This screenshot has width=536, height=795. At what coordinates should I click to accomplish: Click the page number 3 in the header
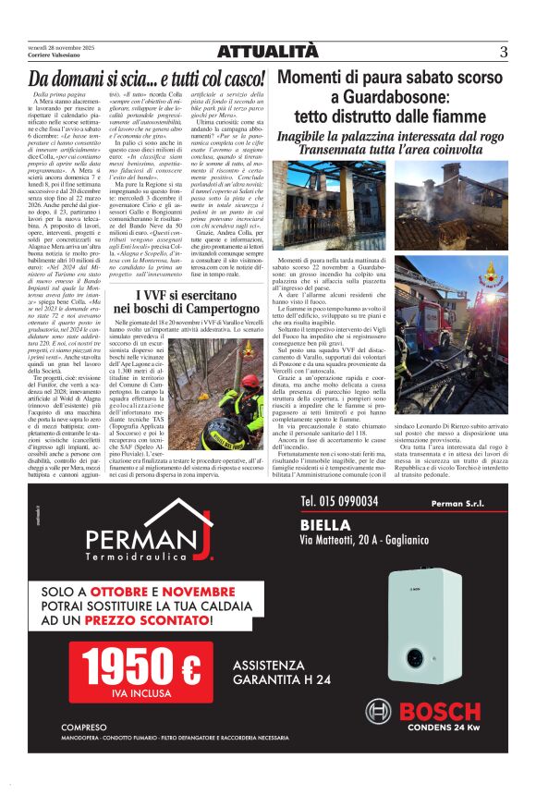(x=504, y=52)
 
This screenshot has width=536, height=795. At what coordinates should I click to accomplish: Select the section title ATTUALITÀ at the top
(x=267, y=52)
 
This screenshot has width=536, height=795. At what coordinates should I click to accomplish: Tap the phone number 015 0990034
(x=339, y=501)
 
